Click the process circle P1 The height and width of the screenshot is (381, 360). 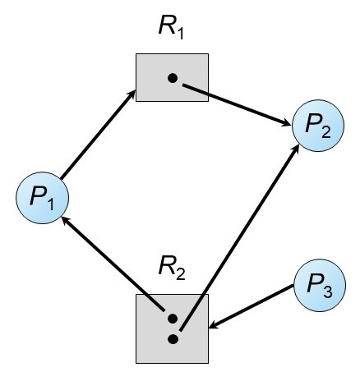[42, 198]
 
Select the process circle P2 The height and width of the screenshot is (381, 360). [318, 126]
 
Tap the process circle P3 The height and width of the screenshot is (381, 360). [320, 285]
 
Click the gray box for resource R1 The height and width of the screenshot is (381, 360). [172, 77]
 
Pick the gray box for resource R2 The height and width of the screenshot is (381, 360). [172, 328]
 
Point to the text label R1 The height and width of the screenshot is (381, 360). [171, 29]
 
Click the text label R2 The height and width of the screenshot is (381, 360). [172, 269]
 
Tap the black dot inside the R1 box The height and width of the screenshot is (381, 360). [173, 79]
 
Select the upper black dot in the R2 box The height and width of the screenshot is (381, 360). [173, 319]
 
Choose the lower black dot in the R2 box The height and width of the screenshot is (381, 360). [173, 339]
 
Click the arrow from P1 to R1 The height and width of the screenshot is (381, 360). [98, 135]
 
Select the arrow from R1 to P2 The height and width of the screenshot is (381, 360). [237, 105]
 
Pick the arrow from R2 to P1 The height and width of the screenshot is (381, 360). [113, 264]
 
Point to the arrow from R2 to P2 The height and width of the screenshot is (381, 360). [239, 238]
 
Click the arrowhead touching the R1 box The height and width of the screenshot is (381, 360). [132, 94]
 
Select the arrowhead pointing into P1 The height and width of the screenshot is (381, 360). [66, 220]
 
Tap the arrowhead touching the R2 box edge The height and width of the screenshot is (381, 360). [214, 325]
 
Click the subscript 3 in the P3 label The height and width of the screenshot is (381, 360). [328, 291]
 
